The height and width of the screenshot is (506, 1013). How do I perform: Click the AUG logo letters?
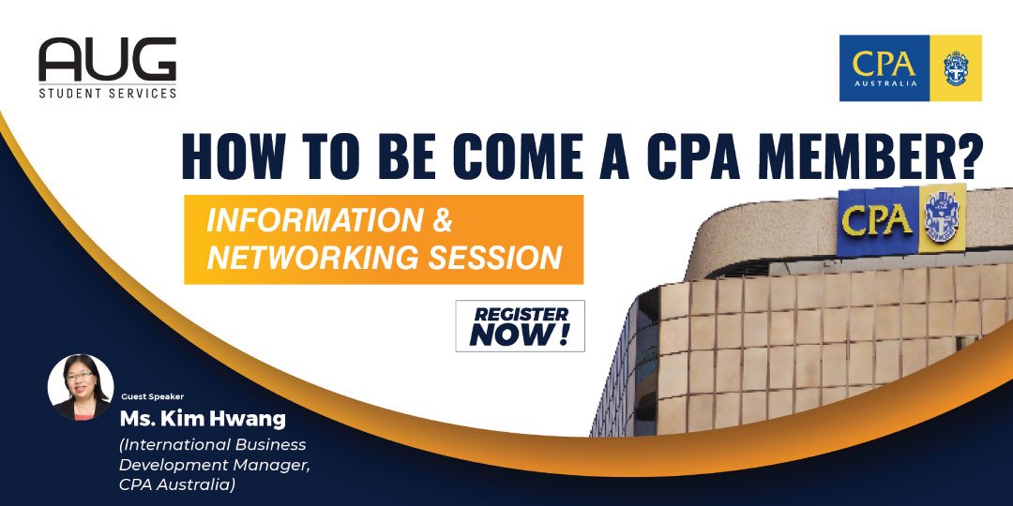click(x=107, y=60)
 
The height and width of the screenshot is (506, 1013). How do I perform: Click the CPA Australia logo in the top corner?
click(x=910, y=67)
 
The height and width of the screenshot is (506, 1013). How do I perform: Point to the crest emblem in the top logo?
click(x=961, y=67)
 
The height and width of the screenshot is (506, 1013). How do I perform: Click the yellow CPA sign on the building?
click(x=878, y=221)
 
